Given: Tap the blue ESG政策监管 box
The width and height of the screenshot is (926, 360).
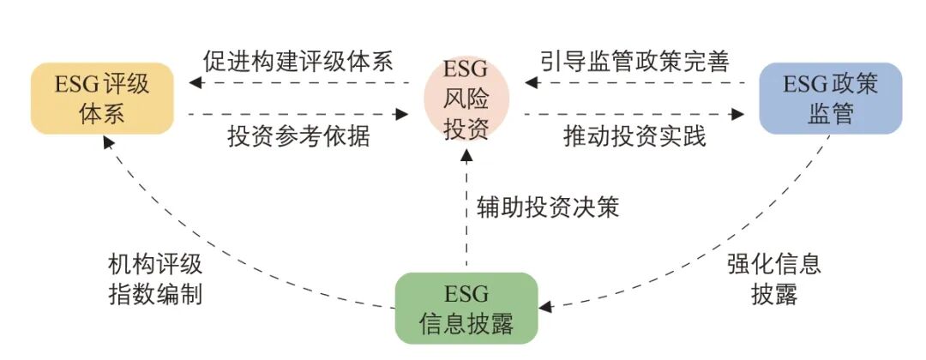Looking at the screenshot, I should [830, 98].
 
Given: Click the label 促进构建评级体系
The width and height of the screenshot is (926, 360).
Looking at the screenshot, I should [298, 63].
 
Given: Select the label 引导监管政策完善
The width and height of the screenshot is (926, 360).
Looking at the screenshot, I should [634, 63].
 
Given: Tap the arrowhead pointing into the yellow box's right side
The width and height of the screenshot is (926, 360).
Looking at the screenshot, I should [195, 83].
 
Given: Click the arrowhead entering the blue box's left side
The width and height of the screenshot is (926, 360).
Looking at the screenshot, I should [737, 112].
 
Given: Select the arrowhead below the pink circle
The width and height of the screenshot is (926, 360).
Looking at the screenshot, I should [466, 155].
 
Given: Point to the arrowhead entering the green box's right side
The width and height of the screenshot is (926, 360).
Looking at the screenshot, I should [544, 304].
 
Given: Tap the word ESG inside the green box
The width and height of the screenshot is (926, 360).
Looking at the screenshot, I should [466, 294].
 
